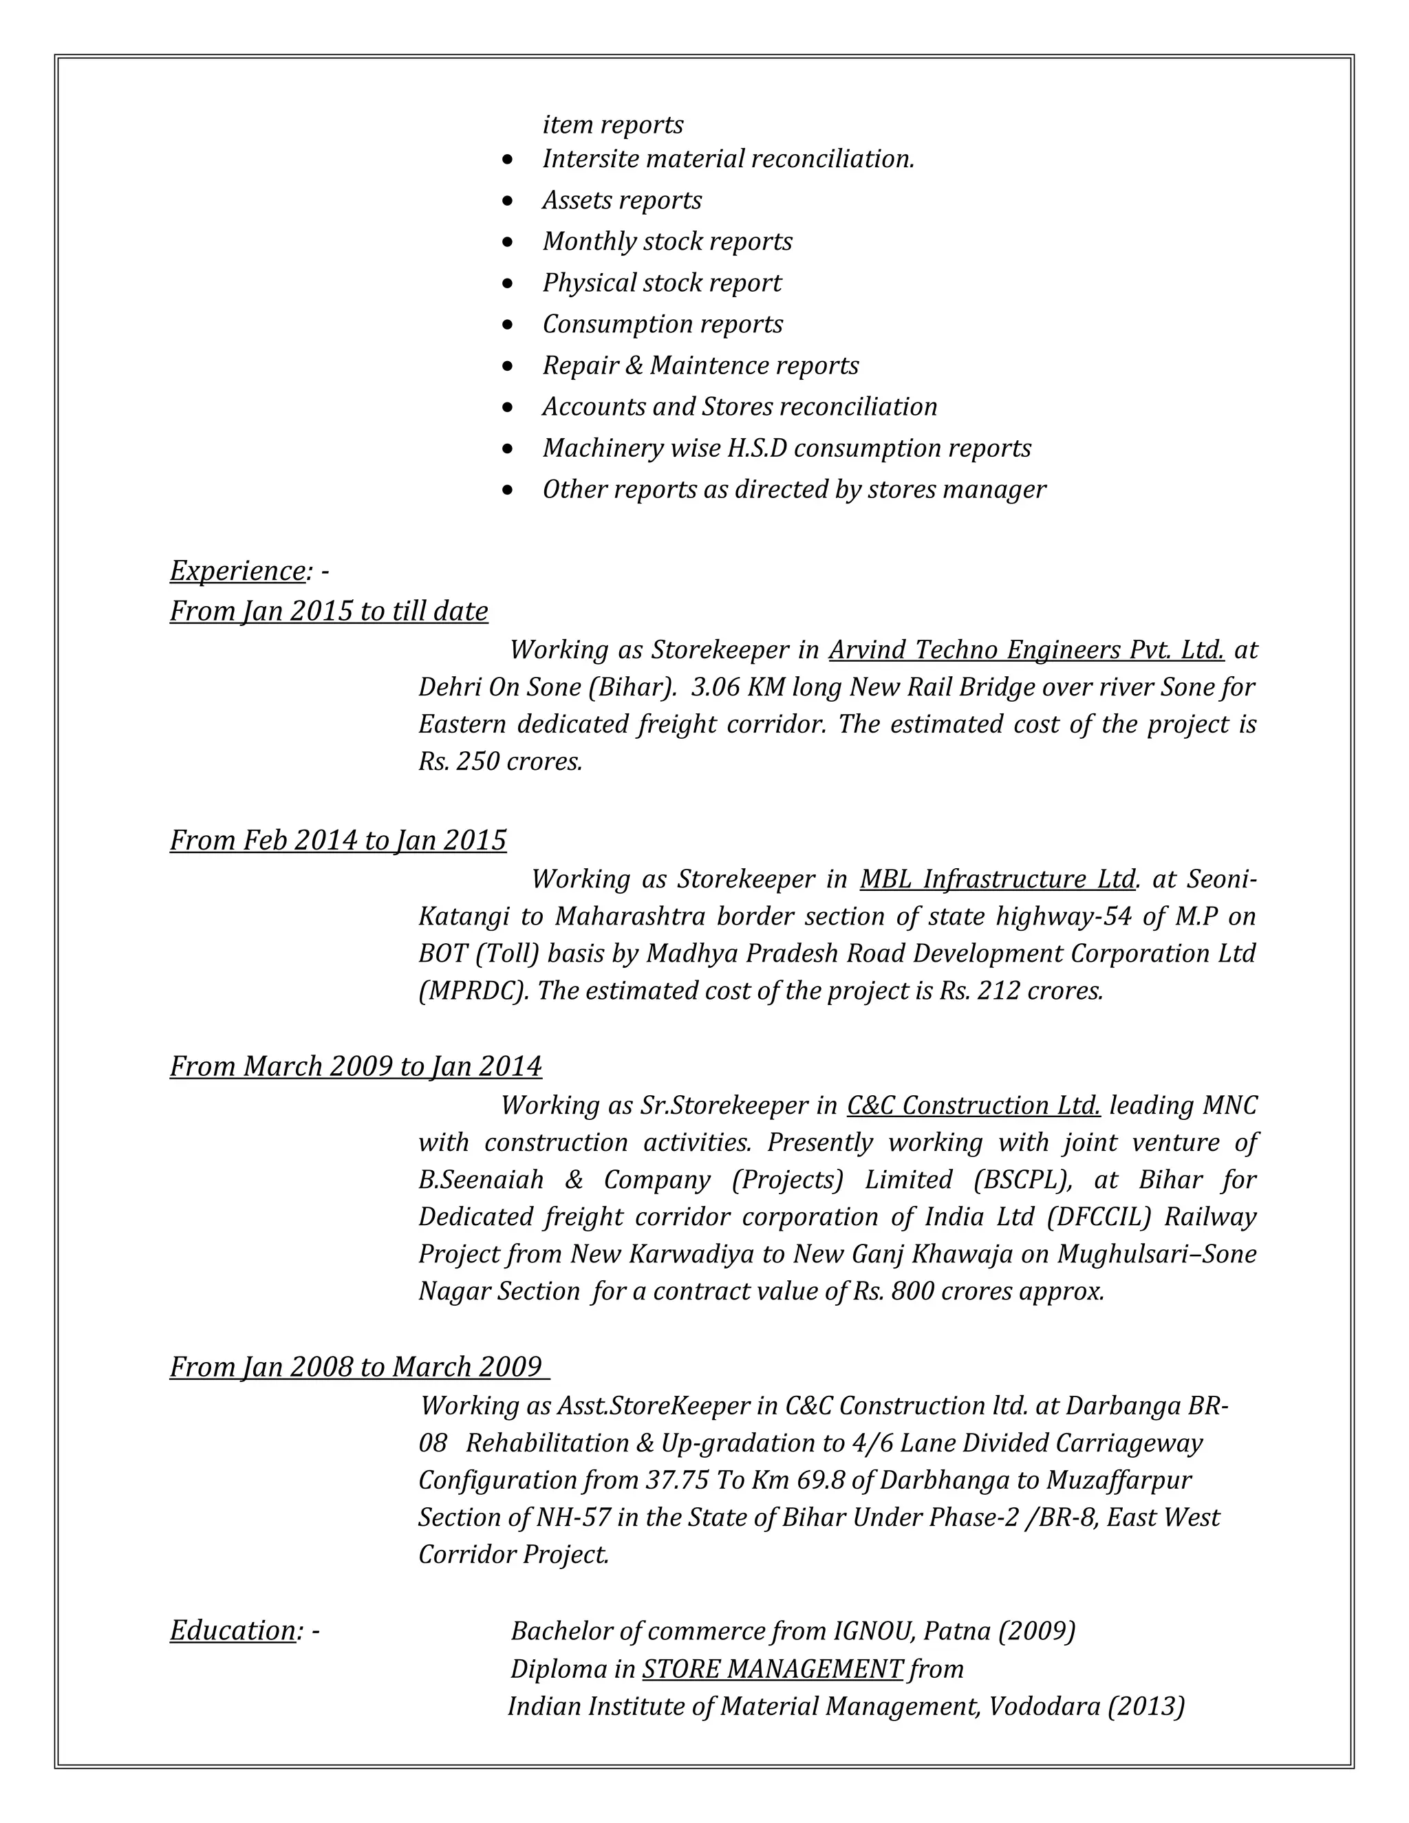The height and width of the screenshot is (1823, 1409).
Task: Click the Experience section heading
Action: (x=238, y=571)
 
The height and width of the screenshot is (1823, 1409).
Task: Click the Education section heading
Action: (x=233, y=1630)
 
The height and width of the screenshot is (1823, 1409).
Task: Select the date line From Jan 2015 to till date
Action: (x=329, y=611)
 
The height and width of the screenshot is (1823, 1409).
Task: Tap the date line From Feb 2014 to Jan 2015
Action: (x=338, y=840)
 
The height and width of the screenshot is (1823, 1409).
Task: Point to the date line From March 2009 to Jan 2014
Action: (x=356, y=1067)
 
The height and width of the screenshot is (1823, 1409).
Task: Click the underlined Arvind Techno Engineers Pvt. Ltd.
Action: (x=1026, y=649)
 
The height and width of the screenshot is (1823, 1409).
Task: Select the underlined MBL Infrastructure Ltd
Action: (x=998, y=879)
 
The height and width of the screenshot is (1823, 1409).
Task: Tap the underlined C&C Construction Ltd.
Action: (x=974, y=1105)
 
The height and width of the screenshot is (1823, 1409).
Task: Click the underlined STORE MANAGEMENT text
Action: (x=772, y=1669)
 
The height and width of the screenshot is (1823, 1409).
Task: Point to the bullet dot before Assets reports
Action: (x=508, y=201)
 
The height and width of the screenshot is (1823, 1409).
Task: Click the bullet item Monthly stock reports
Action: (x=667, y=241)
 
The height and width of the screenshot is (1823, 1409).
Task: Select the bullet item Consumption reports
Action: (x=662, y=324)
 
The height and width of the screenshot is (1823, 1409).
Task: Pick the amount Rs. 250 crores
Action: (x=500, y=762)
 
